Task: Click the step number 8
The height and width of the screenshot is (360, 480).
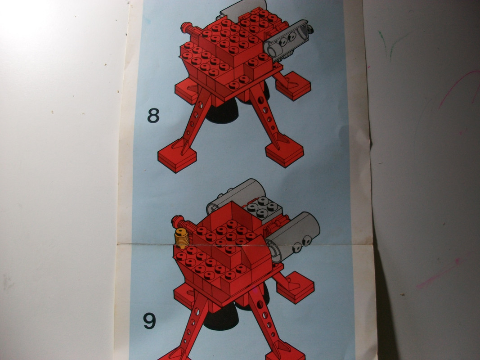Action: point(153,115)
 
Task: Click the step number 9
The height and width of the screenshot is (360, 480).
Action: point(149,320)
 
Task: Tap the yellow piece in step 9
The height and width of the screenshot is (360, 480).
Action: point(182,238)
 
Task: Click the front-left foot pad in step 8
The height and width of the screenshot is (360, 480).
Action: point(177,156)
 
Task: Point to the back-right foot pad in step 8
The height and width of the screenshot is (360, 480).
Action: point(293,85)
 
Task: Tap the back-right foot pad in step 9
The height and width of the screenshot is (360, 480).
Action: point(296,287)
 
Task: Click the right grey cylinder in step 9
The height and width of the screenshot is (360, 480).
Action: point(293,237)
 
